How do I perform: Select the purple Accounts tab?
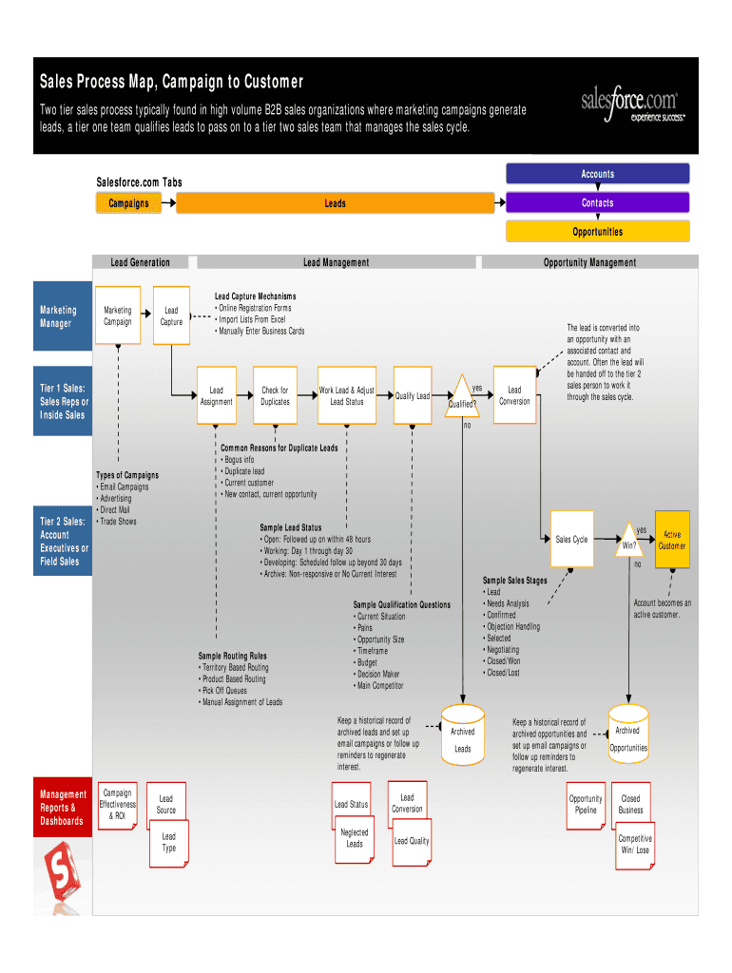597,174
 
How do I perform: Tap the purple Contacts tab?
597,202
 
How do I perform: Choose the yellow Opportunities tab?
597,231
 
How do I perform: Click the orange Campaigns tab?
128,202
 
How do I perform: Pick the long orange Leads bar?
335,202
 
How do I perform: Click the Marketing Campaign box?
118,315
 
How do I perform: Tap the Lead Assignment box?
217,395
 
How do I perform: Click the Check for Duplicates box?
276,395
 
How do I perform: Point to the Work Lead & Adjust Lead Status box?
346,395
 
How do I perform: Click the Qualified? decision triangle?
463,397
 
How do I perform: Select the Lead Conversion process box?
514,395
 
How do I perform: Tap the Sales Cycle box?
572,540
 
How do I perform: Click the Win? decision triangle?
629,540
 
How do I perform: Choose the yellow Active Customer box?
672,540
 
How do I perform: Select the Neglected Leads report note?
355,839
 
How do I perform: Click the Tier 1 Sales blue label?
64,401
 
